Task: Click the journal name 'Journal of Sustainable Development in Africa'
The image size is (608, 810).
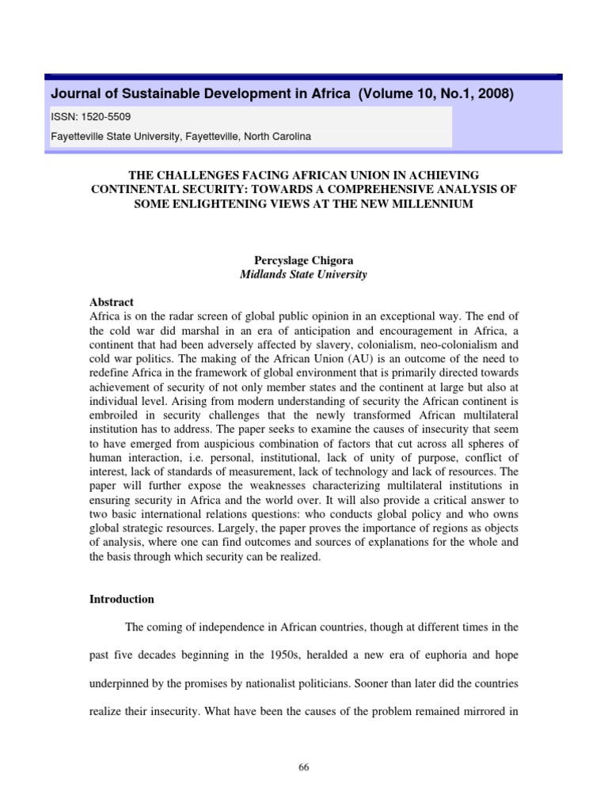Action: click(199, 94)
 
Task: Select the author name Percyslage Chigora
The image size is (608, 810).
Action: click(303, 259)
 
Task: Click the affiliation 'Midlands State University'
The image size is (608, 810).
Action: click(303, 274)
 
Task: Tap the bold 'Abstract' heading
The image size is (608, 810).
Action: click(112, 302)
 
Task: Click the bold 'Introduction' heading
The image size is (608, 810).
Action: click(123, 600)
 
